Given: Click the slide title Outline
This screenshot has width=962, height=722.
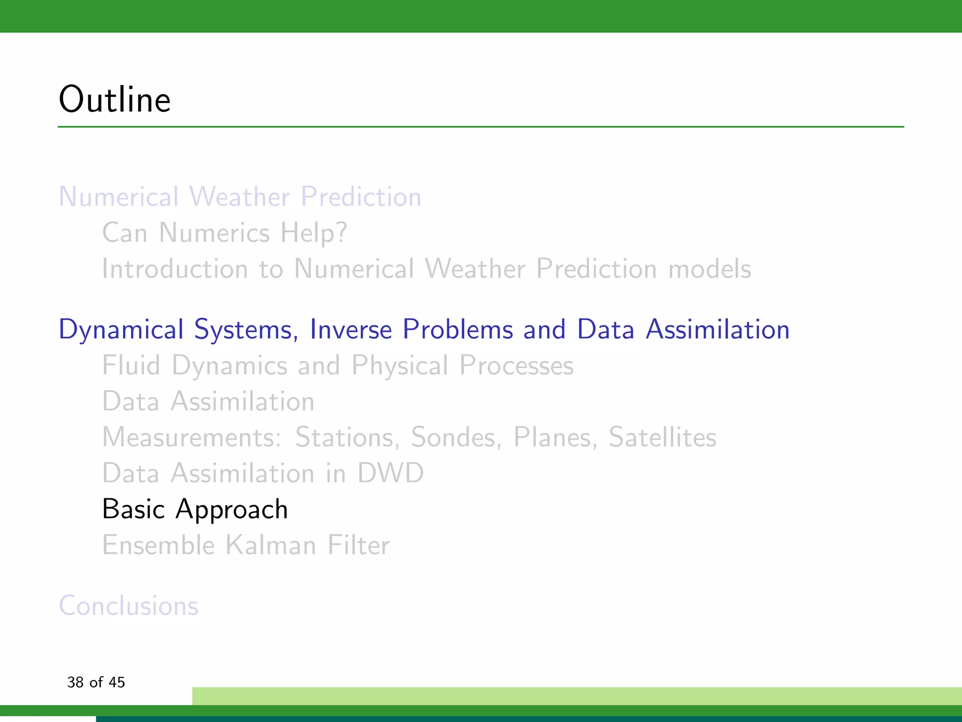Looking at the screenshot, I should tap(115, 100).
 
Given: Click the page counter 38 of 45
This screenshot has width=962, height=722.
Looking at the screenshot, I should tap(96, 682).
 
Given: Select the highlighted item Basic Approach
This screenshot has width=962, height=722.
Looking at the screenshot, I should tap(195, 509).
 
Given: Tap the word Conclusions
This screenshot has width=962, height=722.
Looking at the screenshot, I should tap(129, 605).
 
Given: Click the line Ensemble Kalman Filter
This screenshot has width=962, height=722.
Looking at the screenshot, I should tap(246, 545).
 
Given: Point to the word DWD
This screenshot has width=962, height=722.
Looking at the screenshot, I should tap(390, 473).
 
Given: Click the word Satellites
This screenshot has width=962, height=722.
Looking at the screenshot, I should tap(662, 437).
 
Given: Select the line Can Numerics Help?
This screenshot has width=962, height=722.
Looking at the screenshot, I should tap(225, 233).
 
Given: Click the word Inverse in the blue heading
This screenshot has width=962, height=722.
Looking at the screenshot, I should tap(350, 329).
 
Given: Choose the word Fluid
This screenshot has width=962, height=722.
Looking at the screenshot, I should tap(131, 365).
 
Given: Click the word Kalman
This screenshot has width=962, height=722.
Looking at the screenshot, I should tap(271, 545).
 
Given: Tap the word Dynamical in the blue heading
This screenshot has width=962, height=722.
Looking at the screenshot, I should tap(121, 330).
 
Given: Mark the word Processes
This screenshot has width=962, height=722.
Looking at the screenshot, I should tap(516, 365).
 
